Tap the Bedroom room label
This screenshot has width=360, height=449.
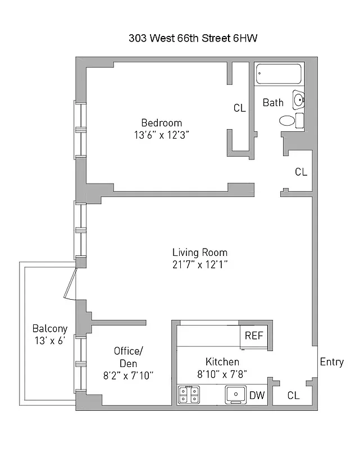point(161,123)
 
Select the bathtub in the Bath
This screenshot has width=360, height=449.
point(279,75)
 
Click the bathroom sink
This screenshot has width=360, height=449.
point(298,100)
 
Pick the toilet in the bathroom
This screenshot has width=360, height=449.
point(287,120)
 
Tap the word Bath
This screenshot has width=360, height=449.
point(273,102)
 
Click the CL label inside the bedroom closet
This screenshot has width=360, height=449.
point(239,108)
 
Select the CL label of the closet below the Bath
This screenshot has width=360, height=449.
point(301,172)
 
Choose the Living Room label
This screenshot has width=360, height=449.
point(199,252)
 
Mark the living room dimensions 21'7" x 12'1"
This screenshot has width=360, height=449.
point(199,264)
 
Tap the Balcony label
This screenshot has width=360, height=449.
point(49,328)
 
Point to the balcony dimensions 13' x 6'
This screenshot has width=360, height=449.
point(49,340)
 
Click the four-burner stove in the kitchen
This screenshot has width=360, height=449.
point(188,395)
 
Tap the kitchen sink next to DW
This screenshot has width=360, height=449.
point(235,395)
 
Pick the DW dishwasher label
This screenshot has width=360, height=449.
point(257,395)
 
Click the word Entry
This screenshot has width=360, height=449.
point(331,361)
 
